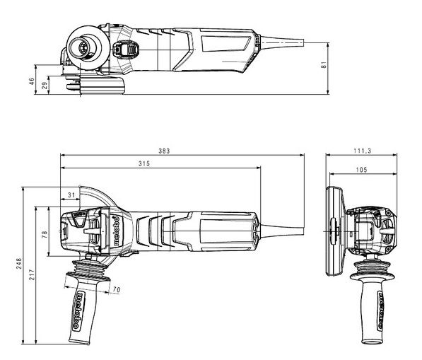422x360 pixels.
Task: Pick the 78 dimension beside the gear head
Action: point(45,233)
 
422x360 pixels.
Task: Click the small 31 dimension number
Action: point(71,194)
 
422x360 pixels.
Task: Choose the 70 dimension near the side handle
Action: point(116,289)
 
